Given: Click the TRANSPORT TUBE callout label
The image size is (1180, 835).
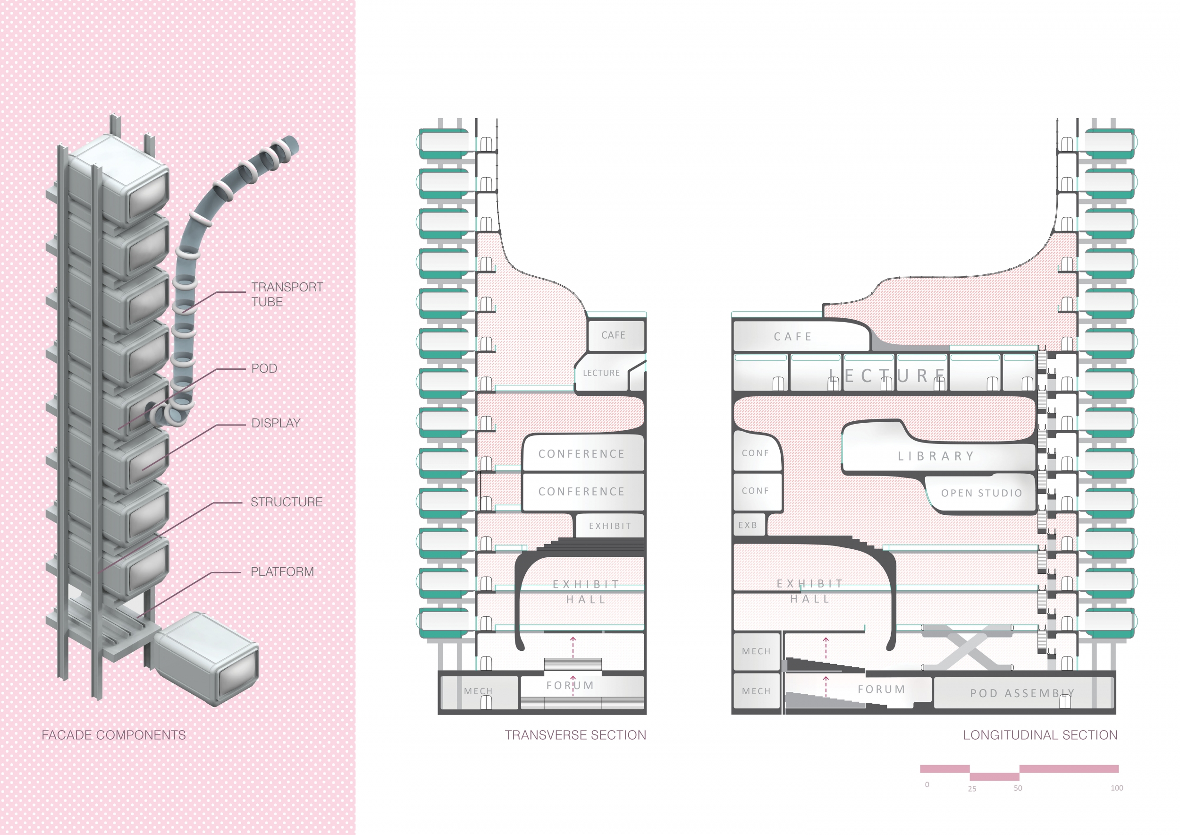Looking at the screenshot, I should pos(287,294).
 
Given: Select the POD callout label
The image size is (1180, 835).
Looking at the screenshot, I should pos(264,368).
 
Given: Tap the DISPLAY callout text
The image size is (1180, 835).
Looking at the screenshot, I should pos(276,423).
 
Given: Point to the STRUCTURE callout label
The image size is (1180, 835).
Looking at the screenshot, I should pos(286,502).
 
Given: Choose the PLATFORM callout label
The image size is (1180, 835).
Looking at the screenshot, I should pos(282,571).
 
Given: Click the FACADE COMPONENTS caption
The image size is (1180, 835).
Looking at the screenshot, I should pos(114,735).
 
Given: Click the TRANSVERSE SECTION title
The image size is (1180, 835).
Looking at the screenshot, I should pos(575,735).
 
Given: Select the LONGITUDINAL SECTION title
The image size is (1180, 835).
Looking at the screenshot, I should pos(1040,735).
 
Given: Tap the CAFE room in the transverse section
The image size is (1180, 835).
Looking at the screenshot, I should pos(614,335).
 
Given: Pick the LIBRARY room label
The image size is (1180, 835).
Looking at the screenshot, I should pos(936,456).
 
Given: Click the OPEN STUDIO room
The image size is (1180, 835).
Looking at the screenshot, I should pos(981,493).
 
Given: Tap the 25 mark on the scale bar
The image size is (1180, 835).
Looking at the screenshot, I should pos(972,788).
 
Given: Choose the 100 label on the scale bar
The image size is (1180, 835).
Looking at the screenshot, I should pos(1116,788).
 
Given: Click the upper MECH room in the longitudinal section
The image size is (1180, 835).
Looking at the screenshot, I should pos(756,651).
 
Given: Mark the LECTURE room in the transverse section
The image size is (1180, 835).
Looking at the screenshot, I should pos(601,373).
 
